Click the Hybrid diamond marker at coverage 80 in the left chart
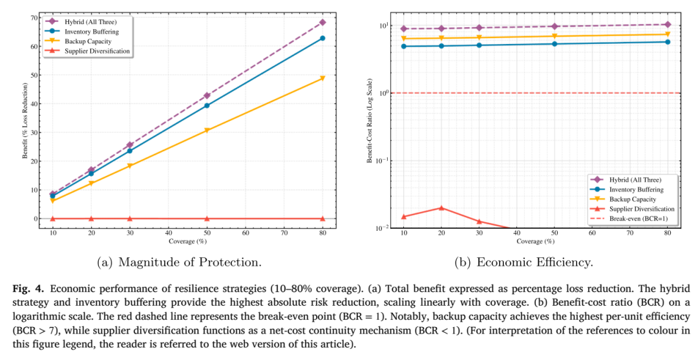pos(323,22)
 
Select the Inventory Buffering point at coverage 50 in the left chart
pos(207,105)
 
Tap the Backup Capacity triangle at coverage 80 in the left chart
pos(323,79)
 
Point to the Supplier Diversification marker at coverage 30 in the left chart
pos(129,218)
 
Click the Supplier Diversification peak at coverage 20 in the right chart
pos(441,208)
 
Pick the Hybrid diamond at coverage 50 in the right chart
pos(555,26)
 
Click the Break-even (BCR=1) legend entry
pos(629,218)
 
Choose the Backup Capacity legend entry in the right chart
pos(623,199)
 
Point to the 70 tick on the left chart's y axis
pos(32,18)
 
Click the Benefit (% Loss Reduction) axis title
pos(25,121)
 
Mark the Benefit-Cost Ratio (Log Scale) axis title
pos(370,121)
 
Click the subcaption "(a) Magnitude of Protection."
pos(179,262)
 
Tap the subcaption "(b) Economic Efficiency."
pos(523,262)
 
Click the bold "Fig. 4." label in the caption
pos(28,288)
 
